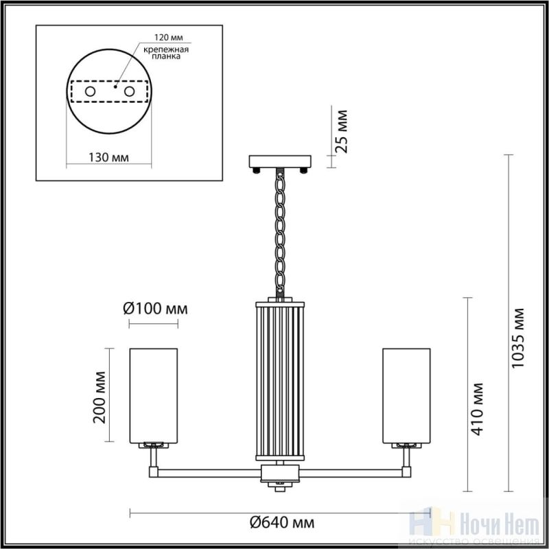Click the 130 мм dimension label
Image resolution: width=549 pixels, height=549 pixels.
pyautogui.click(x=108, y=158)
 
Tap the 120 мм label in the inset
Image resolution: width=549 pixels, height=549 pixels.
pyautogui.click(x=169, y=38)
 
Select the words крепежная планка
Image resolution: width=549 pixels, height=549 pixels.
pyautogui.click(x=166, y=53)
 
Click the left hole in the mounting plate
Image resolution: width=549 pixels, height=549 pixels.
pyautogui.click(x=91, y=92)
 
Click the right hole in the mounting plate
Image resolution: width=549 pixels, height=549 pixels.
pyautogui.click(x=129, y=92)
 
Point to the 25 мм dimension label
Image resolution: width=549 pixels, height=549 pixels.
pyautogui.click(x=341, y=132)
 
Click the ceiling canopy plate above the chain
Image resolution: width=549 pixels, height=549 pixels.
pyautogui.click(x=280, y=161)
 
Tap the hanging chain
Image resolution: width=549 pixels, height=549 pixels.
pyautogui.click(x=280, y=233)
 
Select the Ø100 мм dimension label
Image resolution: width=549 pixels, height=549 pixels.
pyautogui.click(x=156, y=309)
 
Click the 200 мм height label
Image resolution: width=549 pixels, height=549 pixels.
pyautogui.click(x=100, y=397)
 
